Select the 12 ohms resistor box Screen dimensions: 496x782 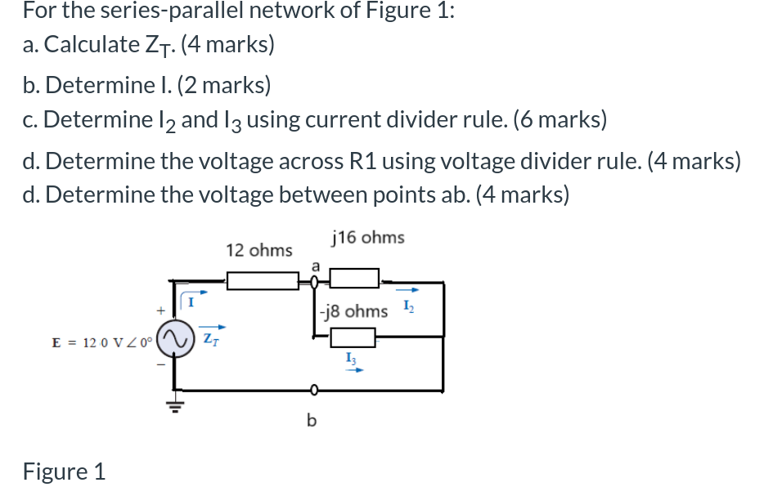pyautogui.click(x=263, y=281)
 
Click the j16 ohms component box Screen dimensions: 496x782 pyautogui.click(x=354, y=279)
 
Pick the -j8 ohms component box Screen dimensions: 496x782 pyautogui.click(x=352, y=336)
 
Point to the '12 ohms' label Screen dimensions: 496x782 pyautogui.click(x=258, y=250)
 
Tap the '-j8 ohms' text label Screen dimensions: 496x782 pyautogui.click(x=353, y=311)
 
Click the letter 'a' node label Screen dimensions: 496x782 pyautogui.click(x=315, y=264)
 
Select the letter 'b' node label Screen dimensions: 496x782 pyautogui.click(x=311, y=421)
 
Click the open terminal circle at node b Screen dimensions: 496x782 pyautogui.click(x=312, y=389)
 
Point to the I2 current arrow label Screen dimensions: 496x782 pyautogui.click(x=410, y=306)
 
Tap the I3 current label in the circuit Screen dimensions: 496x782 pyautogui.click(x=351, y=356)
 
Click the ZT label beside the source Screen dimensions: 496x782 pyautogui.click(x=210, y=337)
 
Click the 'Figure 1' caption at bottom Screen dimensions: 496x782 pyautogui.click(x=64, y=471)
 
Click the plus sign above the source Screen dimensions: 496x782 pyautogui.click(x=161, y=311)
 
